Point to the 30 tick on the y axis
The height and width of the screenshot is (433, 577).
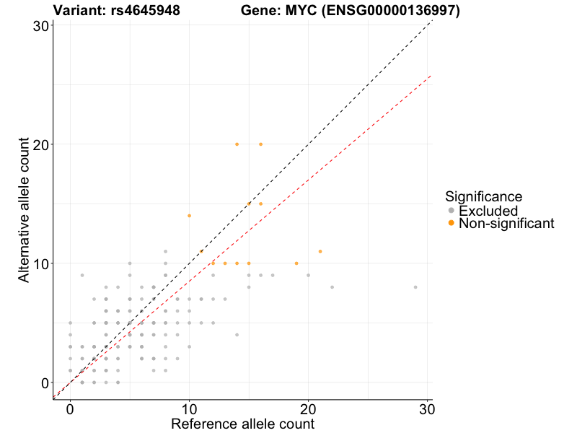click(x=41, y=25)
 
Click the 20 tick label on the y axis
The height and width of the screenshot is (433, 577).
click(x=41, y=144)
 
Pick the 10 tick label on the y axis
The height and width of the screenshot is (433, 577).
click(x=41, y=263)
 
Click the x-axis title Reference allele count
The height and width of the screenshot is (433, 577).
click(x=242, y=424)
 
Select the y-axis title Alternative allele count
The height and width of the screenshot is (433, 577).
click(x=25, y=211)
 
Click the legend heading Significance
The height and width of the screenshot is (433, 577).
click(x=483, y=196)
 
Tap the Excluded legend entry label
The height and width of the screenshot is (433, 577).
click(x=488, y=211)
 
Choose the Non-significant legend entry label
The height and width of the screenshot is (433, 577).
click(x=506, y=224)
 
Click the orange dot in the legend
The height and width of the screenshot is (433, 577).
click(x=452, y=224)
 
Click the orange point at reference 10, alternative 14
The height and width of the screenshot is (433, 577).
click(x=189, y=216)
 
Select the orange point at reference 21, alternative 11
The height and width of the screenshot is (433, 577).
click(x=320, y=251)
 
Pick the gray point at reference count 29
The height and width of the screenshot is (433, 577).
click(x=415, y=287)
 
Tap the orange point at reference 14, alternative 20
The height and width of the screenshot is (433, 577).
click(x=237, y=144)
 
